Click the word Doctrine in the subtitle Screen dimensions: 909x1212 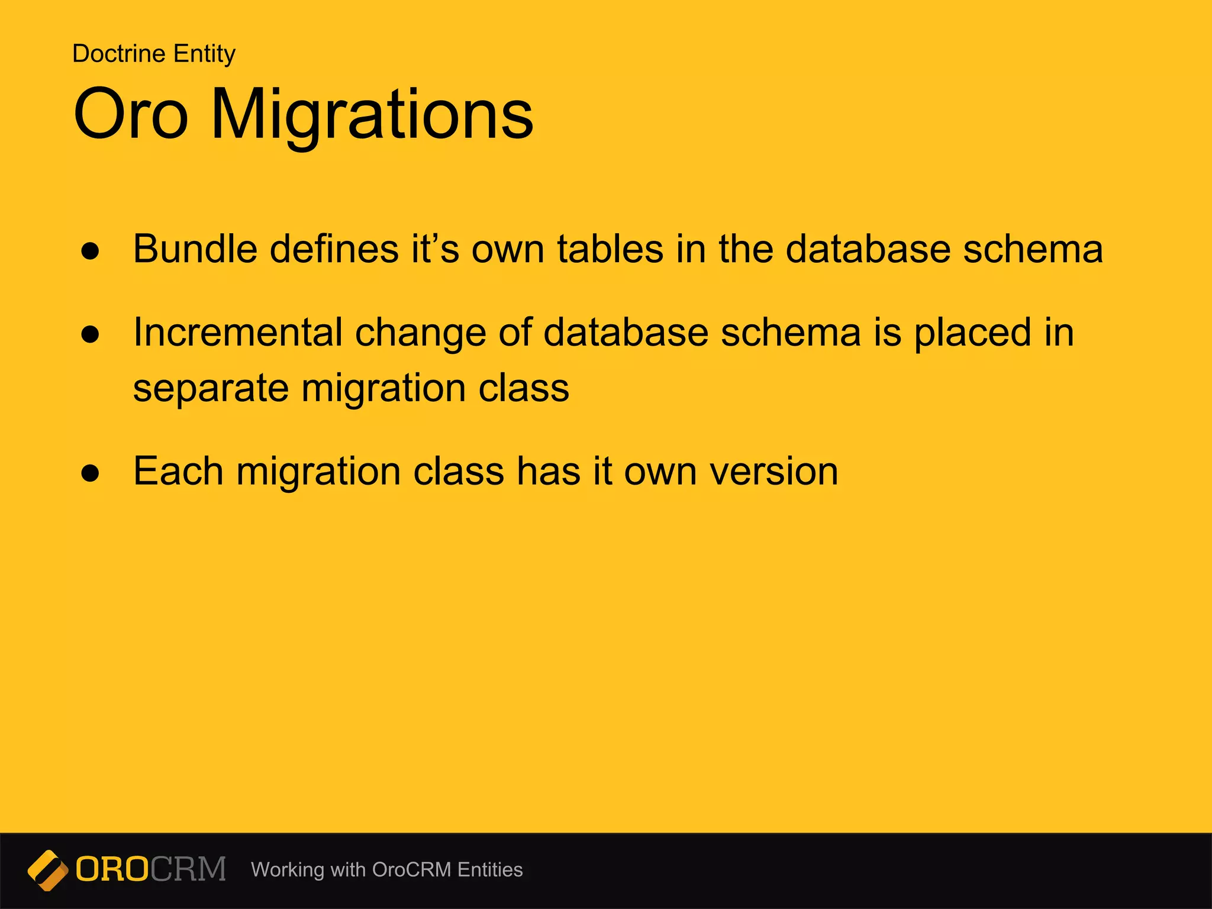[119, 54]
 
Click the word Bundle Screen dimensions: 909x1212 [195, 249]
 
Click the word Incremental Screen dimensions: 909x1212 [237, 332]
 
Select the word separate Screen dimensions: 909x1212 [211, 389]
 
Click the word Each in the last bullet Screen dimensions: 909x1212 [178, 471]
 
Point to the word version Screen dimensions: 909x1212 [773, 472]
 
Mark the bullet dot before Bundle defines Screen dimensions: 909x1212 [91, 251]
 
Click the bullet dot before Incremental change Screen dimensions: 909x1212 [91, 334]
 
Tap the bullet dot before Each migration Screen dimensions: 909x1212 [91, 473]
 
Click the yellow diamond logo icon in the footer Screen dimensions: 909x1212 [48, 870]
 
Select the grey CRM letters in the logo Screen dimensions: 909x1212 [188, 869]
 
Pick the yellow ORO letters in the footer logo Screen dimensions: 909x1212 [112, 869]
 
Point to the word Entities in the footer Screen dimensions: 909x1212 [490, 870]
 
